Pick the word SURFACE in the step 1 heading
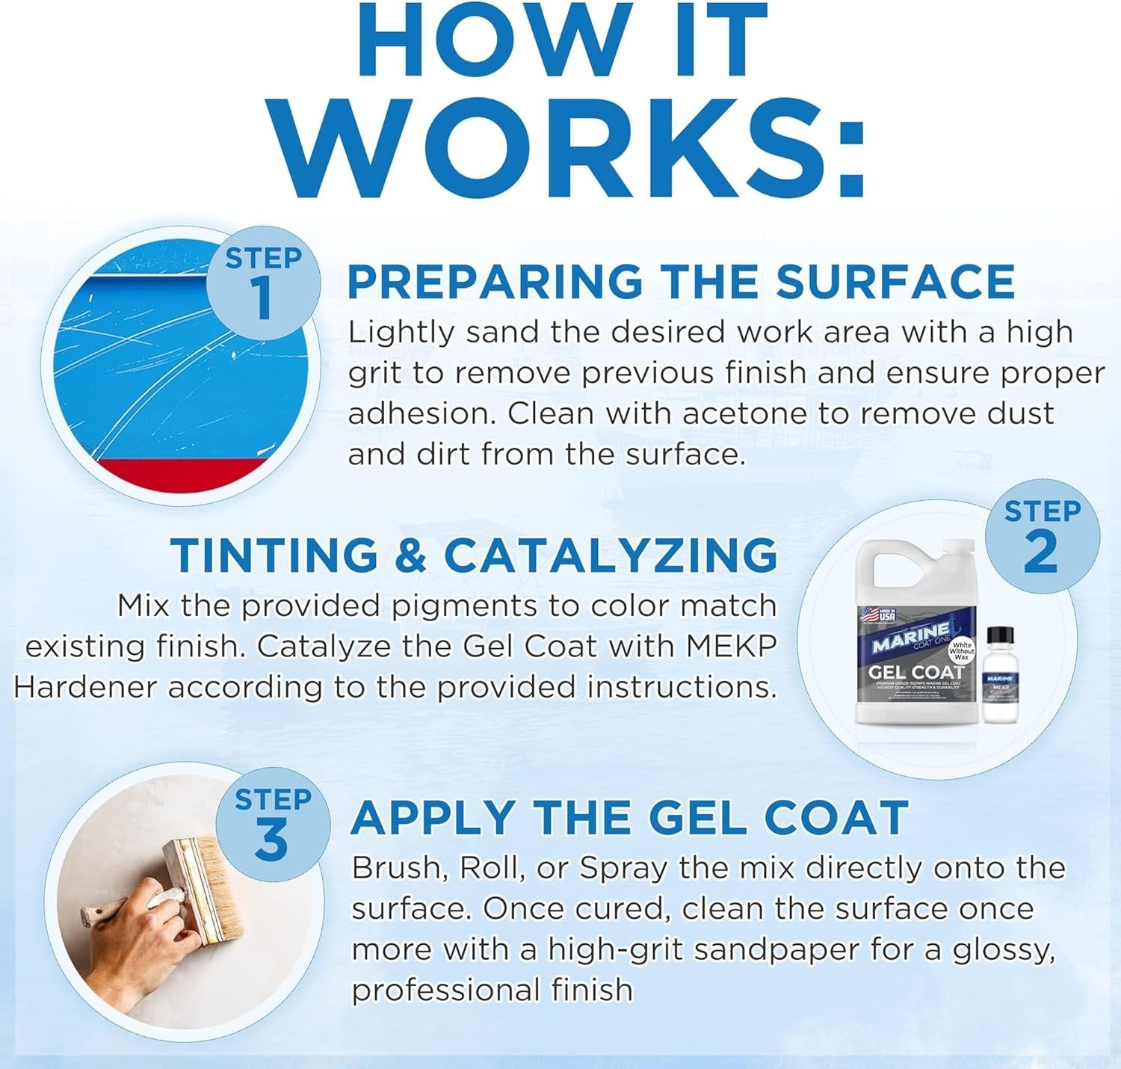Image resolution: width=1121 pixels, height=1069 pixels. point(895,282)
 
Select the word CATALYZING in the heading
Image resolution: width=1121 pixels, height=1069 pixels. point(611,555)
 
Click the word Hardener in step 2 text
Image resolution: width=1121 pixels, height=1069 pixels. point(85,687)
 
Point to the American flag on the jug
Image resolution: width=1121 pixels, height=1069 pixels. point(867,614)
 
